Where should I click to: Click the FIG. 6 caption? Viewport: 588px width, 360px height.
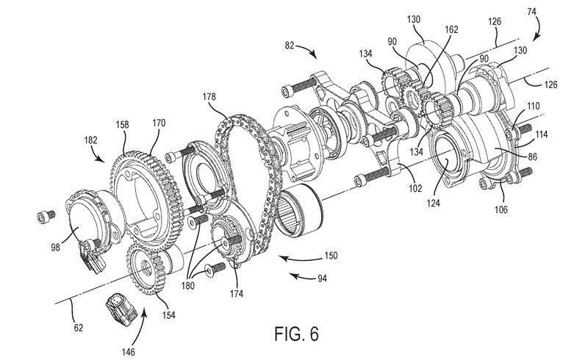click(296, 334)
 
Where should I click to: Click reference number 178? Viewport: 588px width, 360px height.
click(209, 97)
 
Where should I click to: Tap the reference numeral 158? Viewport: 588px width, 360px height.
click(122, 124)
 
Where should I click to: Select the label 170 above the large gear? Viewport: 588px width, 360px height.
click(159, 123)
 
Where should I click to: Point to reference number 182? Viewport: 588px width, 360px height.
click(90, 140)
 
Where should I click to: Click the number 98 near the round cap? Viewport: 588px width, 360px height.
click(56, 248)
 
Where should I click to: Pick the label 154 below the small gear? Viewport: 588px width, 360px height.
click(168, 315)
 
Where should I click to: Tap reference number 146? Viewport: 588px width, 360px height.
click(128, 352)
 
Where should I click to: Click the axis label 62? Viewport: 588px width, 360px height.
click(78, 328)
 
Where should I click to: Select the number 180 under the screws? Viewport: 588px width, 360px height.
click(187, 286)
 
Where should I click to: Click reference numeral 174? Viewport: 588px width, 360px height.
click(236, 294)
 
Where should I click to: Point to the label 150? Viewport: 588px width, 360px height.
click(331, 256)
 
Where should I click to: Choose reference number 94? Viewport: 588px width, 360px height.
click(322, 278)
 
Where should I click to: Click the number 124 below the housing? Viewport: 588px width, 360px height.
click(433, 203)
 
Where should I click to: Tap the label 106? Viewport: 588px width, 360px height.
click(501, 209)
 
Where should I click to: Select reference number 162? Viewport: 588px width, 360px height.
click(451, 29)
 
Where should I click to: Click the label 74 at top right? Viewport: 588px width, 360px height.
click(531, 12)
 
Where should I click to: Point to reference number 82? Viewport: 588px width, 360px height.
click(290, 46)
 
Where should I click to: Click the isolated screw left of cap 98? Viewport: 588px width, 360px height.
click(46, 217)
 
